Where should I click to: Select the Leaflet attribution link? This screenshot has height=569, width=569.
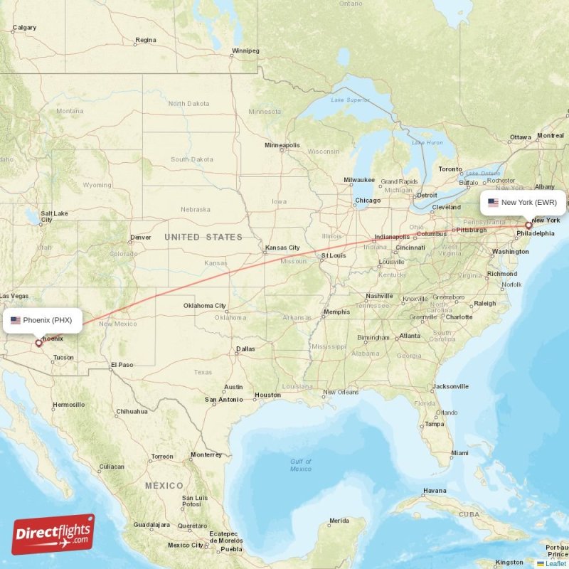555,563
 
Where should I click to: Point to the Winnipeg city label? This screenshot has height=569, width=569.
245,51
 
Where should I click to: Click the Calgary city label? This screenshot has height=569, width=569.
24,28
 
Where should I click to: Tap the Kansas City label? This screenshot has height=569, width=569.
282,248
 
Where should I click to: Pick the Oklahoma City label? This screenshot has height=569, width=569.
205,306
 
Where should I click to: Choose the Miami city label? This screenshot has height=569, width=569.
459,453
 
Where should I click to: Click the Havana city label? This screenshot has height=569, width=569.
435,491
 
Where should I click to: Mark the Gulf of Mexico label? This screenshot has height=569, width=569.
301,465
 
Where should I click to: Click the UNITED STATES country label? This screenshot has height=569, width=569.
203,237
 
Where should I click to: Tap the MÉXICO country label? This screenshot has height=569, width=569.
164,485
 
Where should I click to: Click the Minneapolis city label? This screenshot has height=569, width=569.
282,145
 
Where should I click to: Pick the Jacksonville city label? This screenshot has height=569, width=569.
450,387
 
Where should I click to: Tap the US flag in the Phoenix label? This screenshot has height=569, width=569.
16,320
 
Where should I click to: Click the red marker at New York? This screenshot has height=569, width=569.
528,225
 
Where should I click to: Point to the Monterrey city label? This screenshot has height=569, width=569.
206,455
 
